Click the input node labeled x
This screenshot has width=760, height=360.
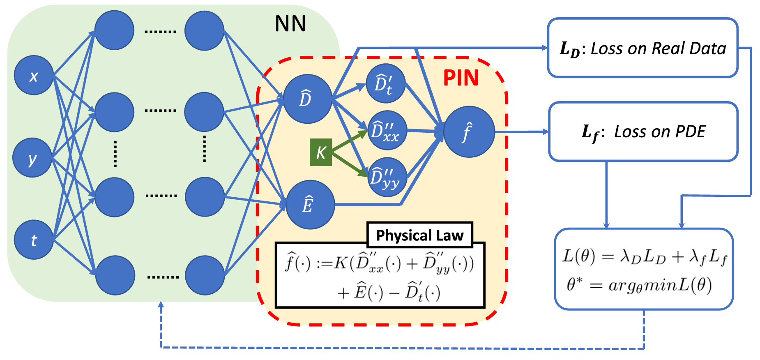click(x=34, y=76)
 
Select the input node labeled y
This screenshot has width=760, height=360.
click(x=32, y=158)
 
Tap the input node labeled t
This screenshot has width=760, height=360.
click(x=34, y=240)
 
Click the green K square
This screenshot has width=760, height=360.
click(x=321, y=152)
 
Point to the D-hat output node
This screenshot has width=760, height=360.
click(x=307, y=99)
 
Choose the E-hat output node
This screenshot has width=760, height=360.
click(x=310, y=205)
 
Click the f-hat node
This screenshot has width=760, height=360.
click(x=469, y=132)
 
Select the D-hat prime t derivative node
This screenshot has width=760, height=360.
click(x=385, y=83)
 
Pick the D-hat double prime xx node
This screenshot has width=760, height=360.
click(x=387, y=130)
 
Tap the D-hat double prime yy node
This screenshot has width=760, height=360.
click(x=387, y=177)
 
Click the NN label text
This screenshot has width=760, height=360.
click(x=290, y=24)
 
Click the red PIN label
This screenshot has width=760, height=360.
click(x=461, y=78)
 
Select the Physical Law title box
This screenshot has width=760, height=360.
click(x=419, y=235)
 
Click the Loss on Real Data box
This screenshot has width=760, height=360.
click(x=643, y=48)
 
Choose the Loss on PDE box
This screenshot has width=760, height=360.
click(x=643, y=132)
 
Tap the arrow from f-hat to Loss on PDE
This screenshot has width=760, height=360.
click(x=522, y=132)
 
